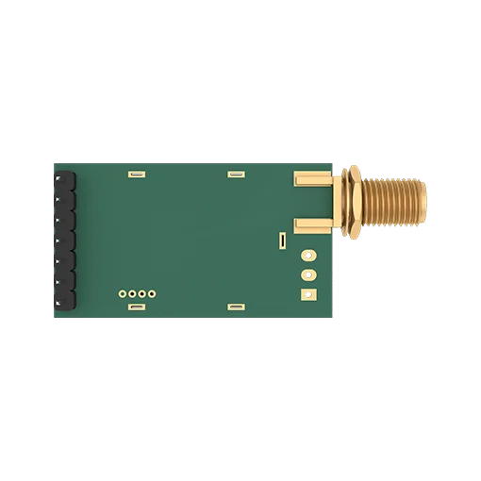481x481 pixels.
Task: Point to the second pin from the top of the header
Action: click(66, 197)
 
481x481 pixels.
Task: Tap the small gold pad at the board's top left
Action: click(135, 174)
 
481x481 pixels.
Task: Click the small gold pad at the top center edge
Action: click(234, 174)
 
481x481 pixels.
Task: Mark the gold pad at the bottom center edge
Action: click(234, 307)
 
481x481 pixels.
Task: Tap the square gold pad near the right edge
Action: click(307, 294)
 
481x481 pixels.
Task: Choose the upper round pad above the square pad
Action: click(307, 255)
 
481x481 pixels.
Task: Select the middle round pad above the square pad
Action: click(307, 274)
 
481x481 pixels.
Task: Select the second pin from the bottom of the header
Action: click(66, 283)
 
